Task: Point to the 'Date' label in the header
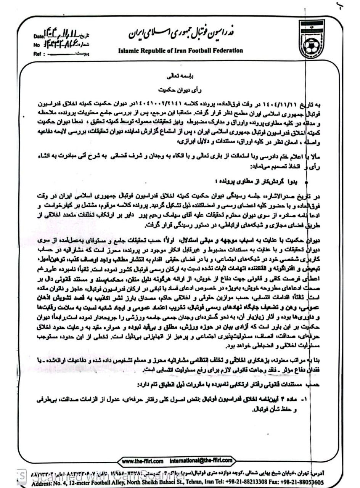39,37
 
